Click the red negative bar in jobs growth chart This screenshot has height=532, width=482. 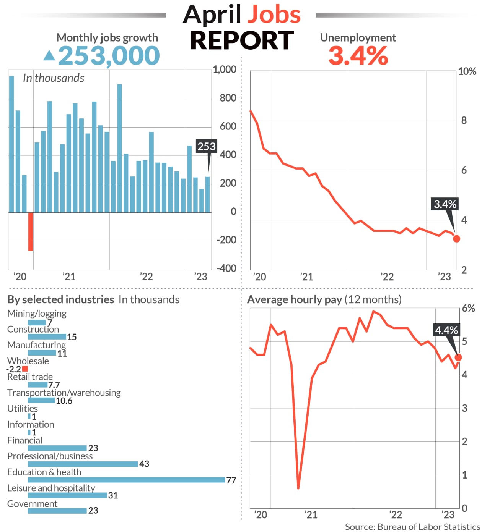click(x=31, y=231)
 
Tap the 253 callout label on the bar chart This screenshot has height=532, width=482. click(x=207, y=146)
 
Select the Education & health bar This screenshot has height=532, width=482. click(x=126, y=480)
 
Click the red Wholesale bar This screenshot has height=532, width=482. click(x=25, y=369)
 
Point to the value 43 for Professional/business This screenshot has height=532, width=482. click(x=144, y=464)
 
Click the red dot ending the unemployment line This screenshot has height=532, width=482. click(x=456, y=239)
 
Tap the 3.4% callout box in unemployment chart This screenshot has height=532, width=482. click(x=445, y=204)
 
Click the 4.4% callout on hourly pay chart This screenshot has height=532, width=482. click(x=446, y=330)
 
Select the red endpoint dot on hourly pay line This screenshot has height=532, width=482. click(x=458, y=357)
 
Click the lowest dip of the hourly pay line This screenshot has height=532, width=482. click(x=298, y=488)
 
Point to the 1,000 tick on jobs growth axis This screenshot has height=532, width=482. click(x=225, y=70)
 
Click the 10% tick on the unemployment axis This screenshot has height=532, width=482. click(x=467, y=72)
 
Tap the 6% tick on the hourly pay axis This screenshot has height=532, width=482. click(x=468, y=309)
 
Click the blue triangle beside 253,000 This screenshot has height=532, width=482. click(x=49, y=56)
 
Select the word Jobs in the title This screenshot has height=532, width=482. click(x=274, y=15)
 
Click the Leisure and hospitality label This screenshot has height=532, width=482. click(x=51, y=488)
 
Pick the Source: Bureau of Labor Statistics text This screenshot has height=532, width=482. click(x=412, y=527)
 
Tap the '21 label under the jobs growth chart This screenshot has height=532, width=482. click(x=69, y=277)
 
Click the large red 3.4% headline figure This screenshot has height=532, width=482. click(x=358, y=56)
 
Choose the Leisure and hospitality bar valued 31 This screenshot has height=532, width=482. click(x=67, y=495)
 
